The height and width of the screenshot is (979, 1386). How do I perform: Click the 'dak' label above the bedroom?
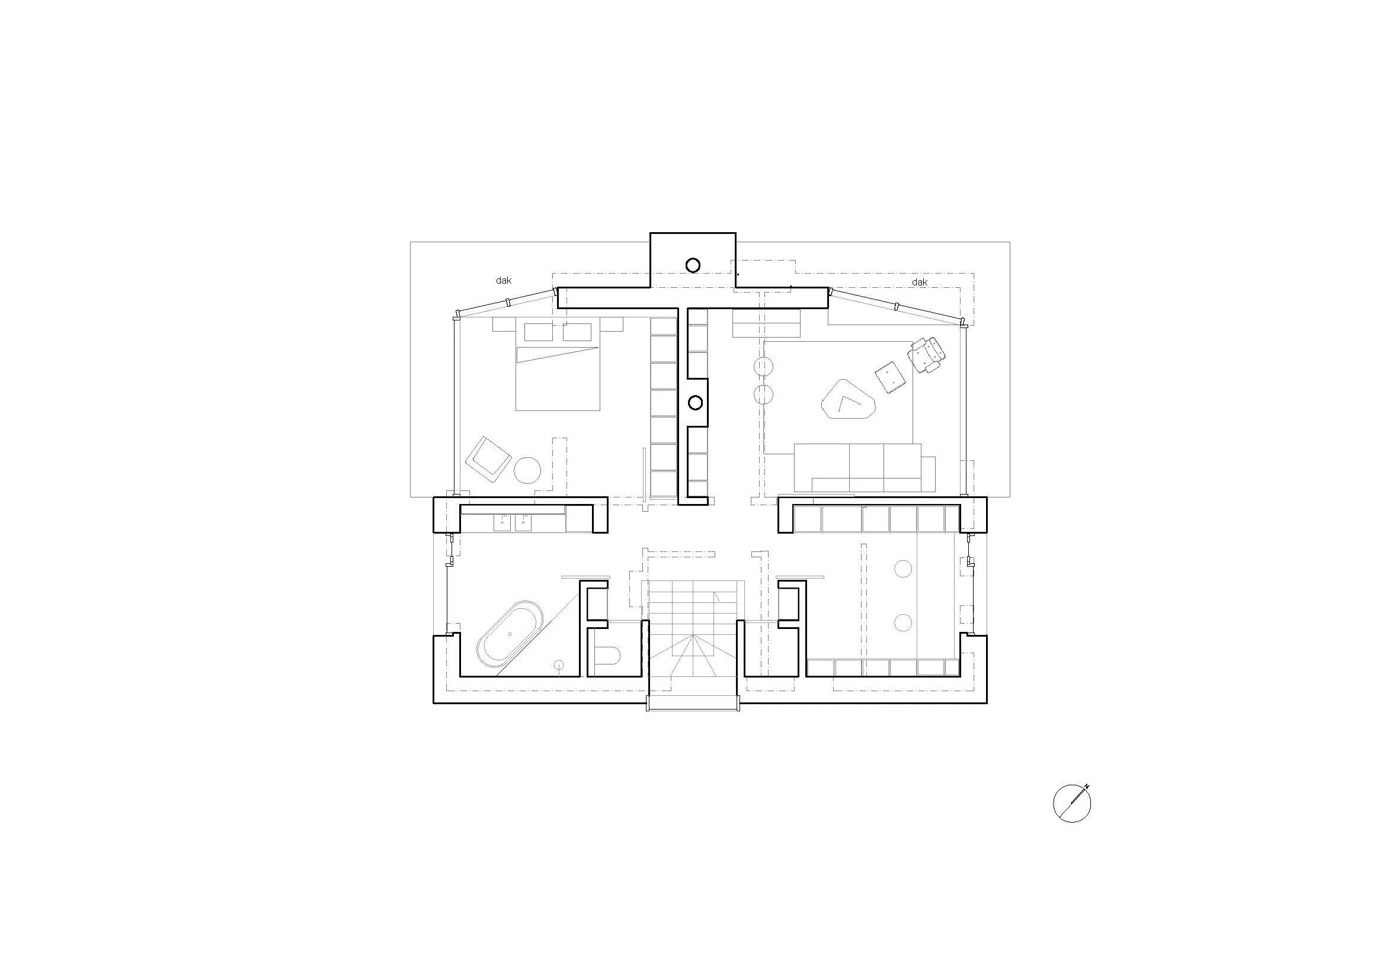504,281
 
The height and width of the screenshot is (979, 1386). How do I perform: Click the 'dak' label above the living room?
920,283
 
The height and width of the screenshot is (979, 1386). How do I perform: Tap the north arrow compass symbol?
1072,803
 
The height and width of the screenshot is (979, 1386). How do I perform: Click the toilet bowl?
607,656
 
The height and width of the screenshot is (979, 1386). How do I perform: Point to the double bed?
558,365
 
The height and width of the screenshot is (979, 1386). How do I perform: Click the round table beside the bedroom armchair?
527,470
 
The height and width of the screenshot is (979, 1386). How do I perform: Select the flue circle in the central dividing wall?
696,402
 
